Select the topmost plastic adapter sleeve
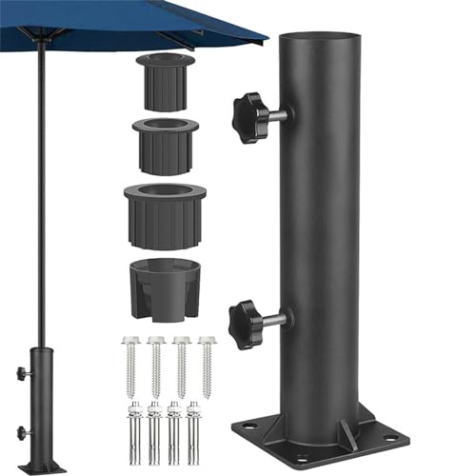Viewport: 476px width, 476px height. (x=165, y=81)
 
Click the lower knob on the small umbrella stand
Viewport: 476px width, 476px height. (x=21, y=432)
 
